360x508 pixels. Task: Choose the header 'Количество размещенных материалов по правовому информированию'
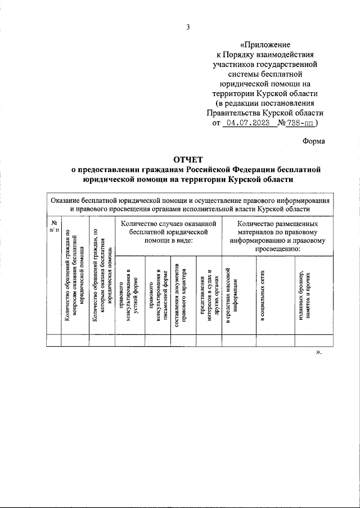coord(276,236)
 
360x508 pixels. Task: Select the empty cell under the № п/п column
coord(53,339)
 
